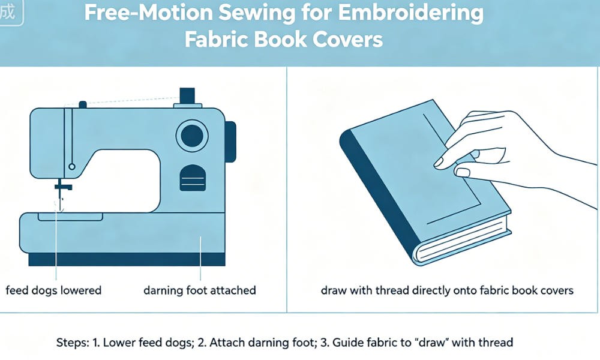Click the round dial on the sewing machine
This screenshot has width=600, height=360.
point(192,136)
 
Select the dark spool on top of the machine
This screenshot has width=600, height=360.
point(187,95)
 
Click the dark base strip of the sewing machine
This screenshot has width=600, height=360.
point(127,259)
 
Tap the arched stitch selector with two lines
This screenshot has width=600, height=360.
point(193,178)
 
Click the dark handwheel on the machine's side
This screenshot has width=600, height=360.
point(230,142)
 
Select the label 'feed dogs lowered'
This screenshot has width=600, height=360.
point(53,290)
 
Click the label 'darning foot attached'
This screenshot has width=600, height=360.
point(200,290)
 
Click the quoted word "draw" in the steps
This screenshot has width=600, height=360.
point(431,342)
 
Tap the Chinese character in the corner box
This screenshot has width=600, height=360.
point(8,12)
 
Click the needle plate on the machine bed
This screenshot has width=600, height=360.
point(70,217)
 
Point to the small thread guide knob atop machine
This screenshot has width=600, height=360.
point(83,105)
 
